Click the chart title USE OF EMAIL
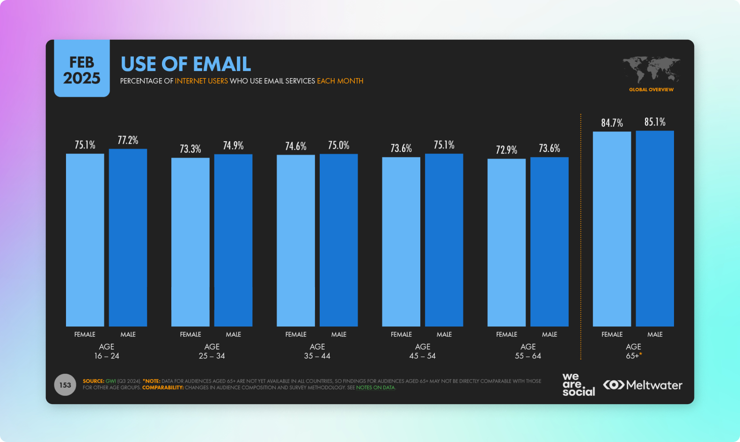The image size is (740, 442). (x=186, y=64)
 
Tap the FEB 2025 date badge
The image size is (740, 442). (x=82, y=70)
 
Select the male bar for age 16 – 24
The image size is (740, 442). (x=128, y=237)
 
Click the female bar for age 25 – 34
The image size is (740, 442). (x=190, y=242)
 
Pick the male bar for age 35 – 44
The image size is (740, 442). (x=338, y=240)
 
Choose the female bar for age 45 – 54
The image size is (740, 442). (x=401, y=241)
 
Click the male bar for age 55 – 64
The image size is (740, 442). (x=549, y=241)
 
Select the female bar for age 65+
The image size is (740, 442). (x=612, y=229)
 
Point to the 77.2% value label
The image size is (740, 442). (x=128, y=140)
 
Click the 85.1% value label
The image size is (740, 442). (x=655, y=122)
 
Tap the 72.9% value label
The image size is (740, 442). (x=506, y=150)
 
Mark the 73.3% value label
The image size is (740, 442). (x=190, y=149)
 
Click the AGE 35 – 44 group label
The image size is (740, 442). (x=317, y=351)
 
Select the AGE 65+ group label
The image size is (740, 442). (x=633, y=351)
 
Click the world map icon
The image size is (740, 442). (x=651, y=70)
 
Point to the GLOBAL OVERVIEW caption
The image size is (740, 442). (x=651, y=90)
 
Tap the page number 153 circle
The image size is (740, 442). (x=65, y=385)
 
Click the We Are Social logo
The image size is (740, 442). (x=578, y=384)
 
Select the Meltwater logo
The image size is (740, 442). (x=643, y=385)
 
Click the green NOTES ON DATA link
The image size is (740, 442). (x=375, y=388)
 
